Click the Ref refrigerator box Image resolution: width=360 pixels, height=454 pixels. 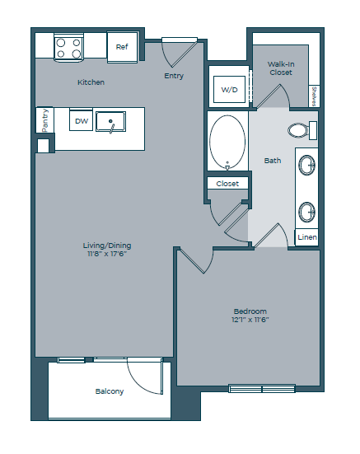(122, 47)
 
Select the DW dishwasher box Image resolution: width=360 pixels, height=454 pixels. (81, 121)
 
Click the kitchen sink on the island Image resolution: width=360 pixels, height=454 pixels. (110, 123)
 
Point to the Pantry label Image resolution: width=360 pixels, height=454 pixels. (44, 120)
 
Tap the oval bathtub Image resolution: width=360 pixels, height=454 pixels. (227, 143)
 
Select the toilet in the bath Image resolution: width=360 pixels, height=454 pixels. (300, 129)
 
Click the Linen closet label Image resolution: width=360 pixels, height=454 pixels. (306, 237)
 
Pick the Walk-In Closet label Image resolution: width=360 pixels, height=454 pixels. (280, 68)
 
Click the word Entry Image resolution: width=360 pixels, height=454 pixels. (174, 77)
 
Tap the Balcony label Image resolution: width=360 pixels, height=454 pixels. (109, 391)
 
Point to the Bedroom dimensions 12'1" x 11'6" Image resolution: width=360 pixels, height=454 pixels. (250, 320)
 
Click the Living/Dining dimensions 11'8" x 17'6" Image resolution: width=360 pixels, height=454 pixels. (107, 254)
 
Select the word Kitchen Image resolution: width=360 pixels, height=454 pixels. (91, 82)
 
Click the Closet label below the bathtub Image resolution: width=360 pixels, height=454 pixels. (227, 184)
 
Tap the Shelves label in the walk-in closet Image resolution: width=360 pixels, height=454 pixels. (315, 96)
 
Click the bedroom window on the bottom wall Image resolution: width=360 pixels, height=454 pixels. (261, 388)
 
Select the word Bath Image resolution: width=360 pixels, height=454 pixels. (273, 161)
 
